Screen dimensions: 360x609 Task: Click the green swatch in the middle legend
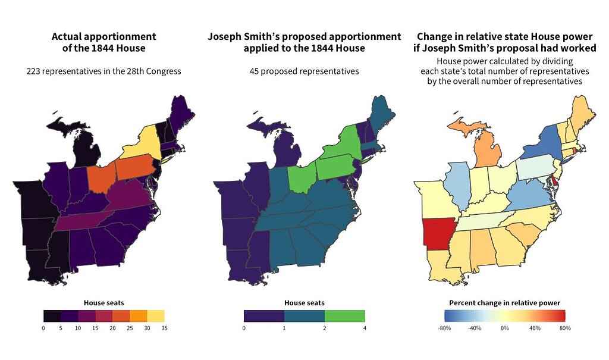click(x=344, y=316)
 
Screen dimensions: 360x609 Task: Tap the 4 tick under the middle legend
click(x=365, y=328)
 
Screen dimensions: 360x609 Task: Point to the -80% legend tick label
click(x=444, y=328)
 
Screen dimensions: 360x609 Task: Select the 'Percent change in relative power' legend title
click(x=504, y=302)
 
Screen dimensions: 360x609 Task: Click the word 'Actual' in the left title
click(x=67, y=36)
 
